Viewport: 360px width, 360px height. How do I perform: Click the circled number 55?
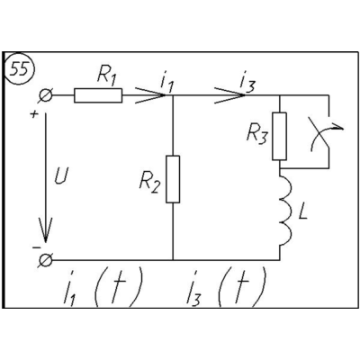coord(20,69)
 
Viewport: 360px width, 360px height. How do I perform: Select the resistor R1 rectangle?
coord(98,95)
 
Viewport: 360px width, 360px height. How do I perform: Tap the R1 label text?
coord(106,77)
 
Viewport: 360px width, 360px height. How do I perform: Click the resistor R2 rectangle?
coord(173,179)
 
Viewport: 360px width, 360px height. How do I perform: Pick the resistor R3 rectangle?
coord(279,136)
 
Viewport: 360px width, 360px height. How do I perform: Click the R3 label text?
coord(256,134)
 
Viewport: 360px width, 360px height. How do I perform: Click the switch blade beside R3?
coord(322,132)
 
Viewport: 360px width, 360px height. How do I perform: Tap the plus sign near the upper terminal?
coord(35,114)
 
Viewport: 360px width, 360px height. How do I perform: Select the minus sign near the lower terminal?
coord(36,247)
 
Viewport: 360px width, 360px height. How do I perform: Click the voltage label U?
coord(61,176)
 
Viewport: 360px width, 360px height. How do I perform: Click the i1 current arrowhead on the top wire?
coord(150,95)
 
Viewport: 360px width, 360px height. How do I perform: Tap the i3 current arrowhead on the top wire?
coord(230,95)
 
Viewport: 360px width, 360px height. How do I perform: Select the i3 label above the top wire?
coord(247,83)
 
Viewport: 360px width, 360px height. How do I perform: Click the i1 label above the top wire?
coord(167,83)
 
